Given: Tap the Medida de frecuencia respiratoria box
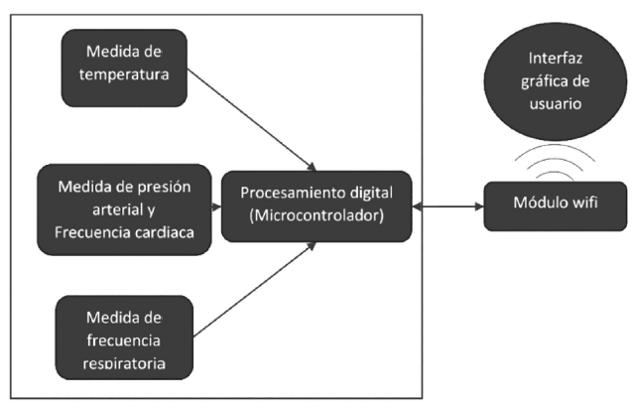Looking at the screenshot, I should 123,339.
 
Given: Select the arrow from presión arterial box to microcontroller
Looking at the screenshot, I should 216,206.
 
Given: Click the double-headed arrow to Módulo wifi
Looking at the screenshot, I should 447,206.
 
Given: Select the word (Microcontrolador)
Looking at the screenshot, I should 315,216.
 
